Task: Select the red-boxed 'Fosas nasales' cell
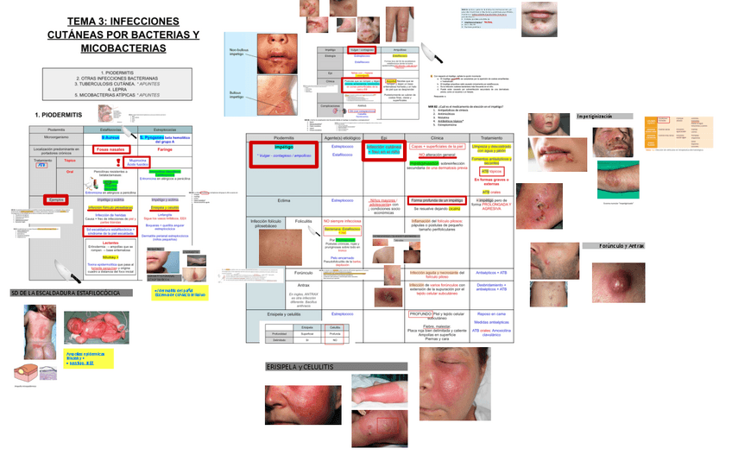tap(110, 149)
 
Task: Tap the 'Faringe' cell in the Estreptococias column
tap(165, 149)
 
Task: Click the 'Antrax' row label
tap(303, 286)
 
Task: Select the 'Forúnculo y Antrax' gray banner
tap(613, 246)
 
